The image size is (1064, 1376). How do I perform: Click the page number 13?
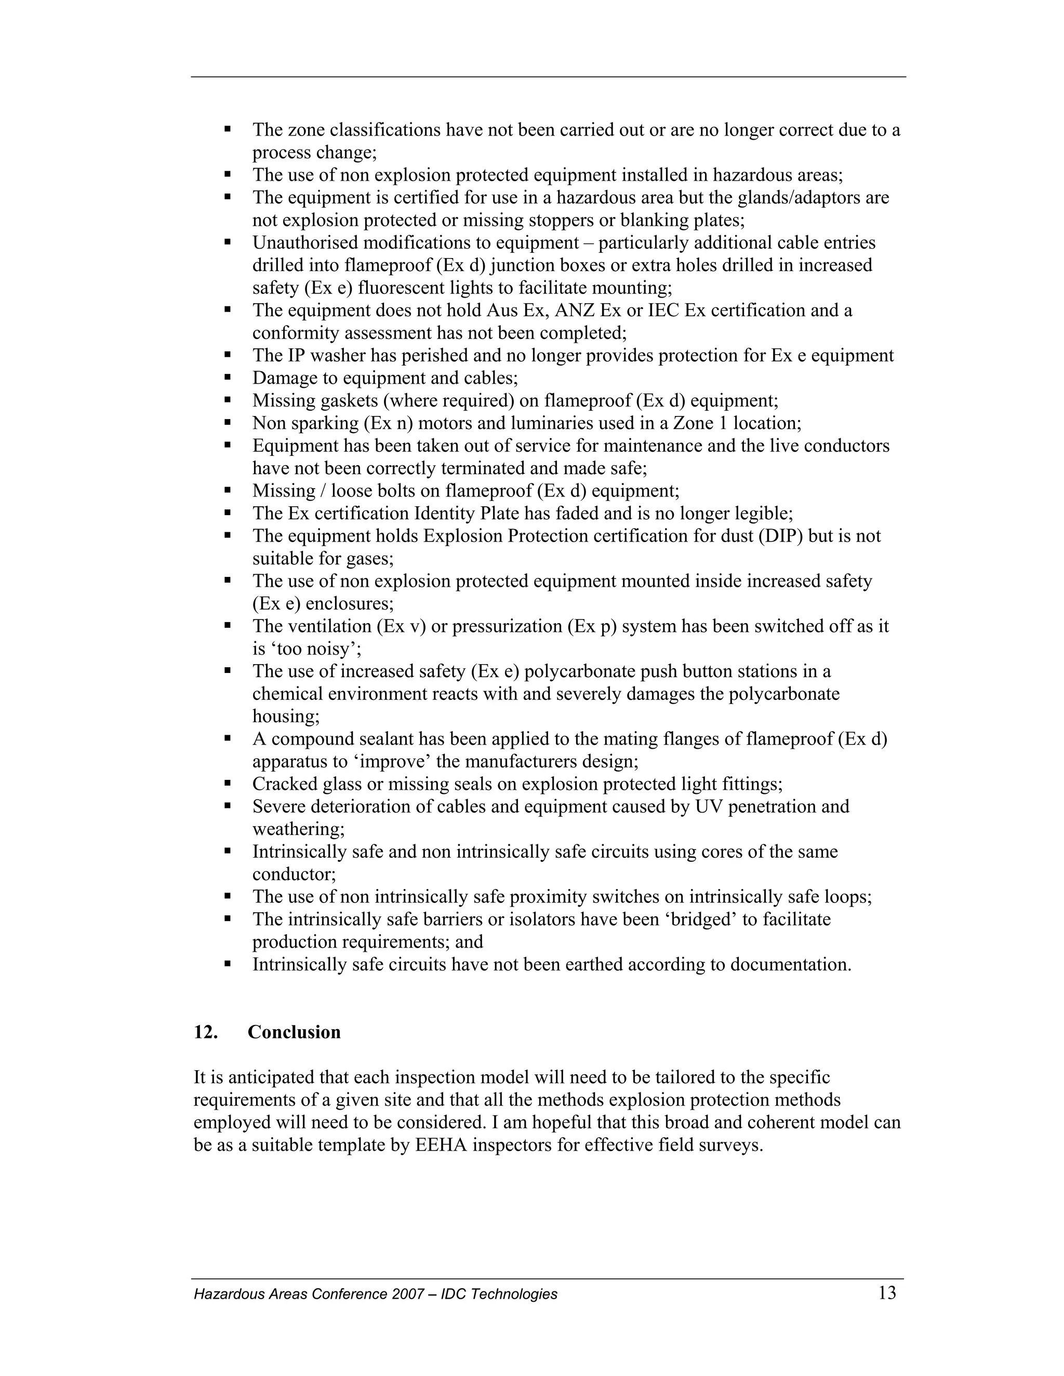887,1293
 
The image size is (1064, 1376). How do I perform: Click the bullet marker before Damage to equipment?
228,377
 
